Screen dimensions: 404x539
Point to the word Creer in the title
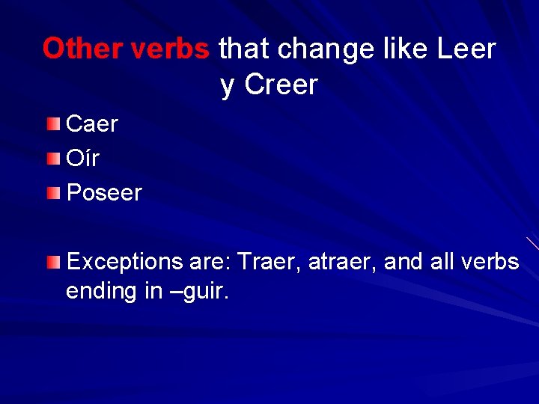click(x=281, y=85)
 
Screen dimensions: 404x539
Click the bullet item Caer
click(x=92, y=124)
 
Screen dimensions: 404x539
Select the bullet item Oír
click(x=82, y=159)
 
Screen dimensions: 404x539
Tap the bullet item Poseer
click(x=104, y=193)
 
